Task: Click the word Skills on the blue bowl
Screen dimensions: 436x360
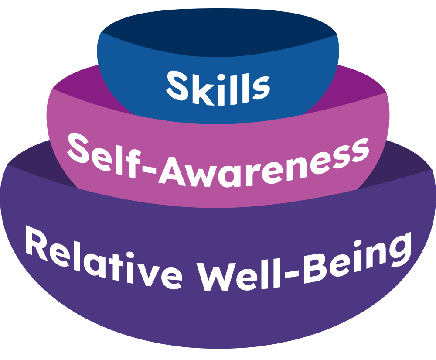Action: point(218,88)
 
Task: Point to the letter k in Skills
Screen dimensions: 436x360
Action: point(203,89)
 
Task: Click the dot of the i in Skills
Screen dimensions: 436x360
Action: point(221,77)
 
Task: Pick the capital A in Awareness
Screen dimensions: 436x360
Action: point(172,171)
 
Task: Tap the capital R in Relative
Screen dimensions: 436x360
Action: point(37,243)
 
